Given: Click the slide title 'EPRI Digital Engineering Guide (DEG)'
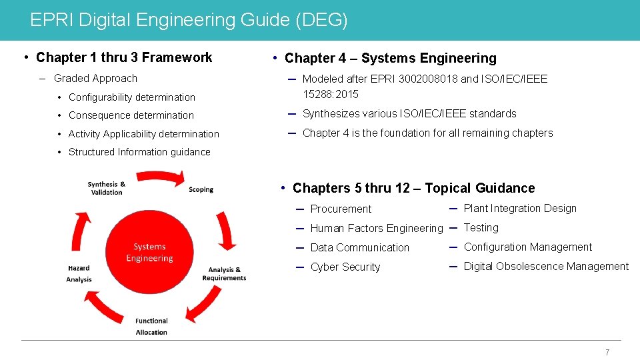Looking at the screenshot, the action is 189,20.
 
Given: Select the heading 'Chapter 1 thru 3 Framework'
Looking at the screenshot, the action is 124,57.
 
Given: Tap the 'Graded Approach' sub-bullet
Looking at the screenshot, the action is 95,79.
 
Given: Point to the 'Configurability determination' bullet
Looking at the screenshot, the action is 132,97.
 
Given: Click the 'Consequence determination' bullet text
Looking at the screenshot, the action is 131,115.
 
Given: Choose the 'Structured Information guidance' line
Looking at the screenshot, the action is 139,152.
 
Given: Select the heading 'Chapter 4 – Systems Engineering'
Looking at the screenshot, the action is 390,58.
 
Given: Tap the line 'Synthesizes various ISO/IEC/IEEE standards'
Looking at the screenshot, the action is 409,114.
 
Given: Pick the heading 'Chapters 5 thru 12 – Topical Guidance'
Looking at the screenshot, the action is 413,188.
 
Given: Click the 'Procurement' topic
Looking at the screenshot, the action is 341,209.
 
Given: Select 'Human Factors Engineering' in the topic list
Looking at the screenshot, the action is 376,229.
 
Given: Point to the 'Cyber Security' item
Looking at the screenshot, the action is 345,267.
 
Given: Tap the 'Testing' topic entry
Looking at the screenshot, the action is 481,228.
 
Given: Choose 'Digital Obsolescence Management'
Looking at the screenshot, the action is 546,267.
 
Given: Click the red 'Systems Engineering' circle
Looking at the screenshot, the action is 149,252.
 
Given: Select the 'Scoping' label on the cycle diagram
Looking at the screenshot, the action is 201,189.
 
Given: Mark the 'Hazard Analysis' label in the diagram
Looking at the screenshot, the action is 79,273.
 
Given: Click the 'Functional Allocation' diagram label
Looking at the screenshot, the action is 151,327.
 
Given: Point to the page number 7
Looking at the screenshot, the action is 607,353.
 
